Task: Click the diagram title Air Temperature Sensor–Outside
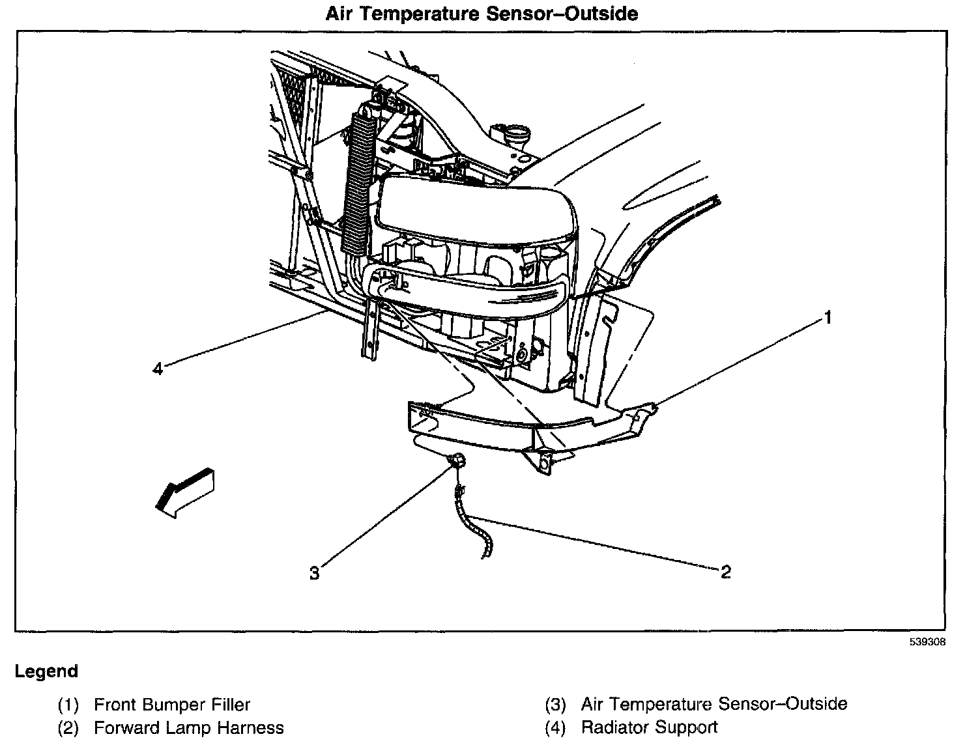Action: pyautogui.click(x=482, y=14)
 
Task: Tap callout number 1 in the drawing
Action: pyautogui.click(x=828, y=318)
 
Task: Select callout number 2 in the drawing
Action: pyautogui.click(x=726, y=572)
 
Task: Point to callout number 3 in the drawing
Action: pyautogui.click(x=315, y=573)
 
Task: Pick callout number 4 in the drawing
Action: pyautogui.click(x=157, y=369)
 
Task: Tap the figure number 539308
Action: pyautogui.click(x=928, y=642)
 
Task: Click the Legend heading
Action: pyautogui.click(x=46, y=671)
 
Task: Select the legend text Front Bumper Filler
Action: pyautogui.click(x=172, y=704)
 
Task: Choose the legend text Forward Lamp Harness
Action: pyautogui.click(x=189, y=727)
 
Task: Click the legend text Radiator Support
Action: pyautogui.click(x=649, y=727)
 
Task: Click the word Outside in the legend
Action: pyautogui.click(x=817, y=704)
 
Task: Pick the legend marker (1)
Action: pyautogui.click(x=68, y=704)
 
